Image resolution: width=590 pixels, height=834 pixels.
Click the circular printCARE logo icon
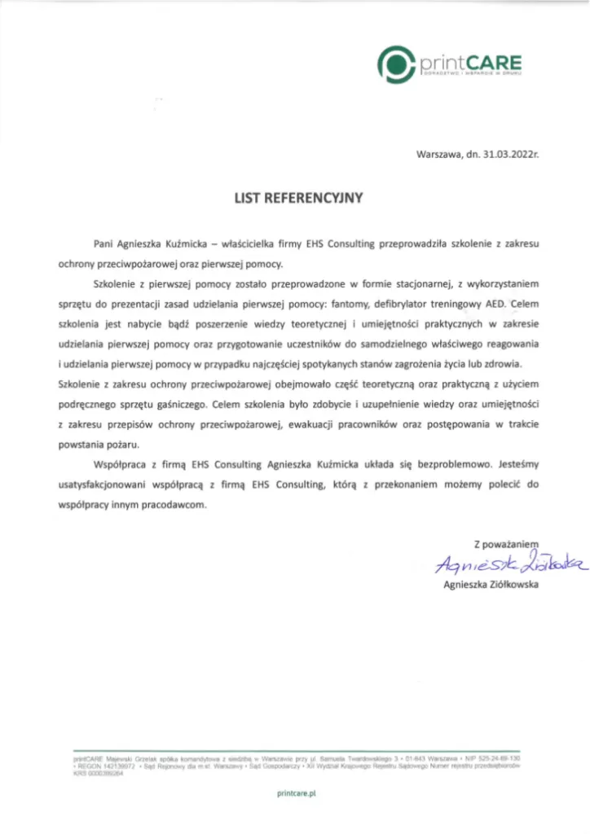(x=397, y=63)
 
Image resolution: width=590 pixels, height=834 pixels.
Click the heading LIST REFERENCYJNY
(x=294, y=196)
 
